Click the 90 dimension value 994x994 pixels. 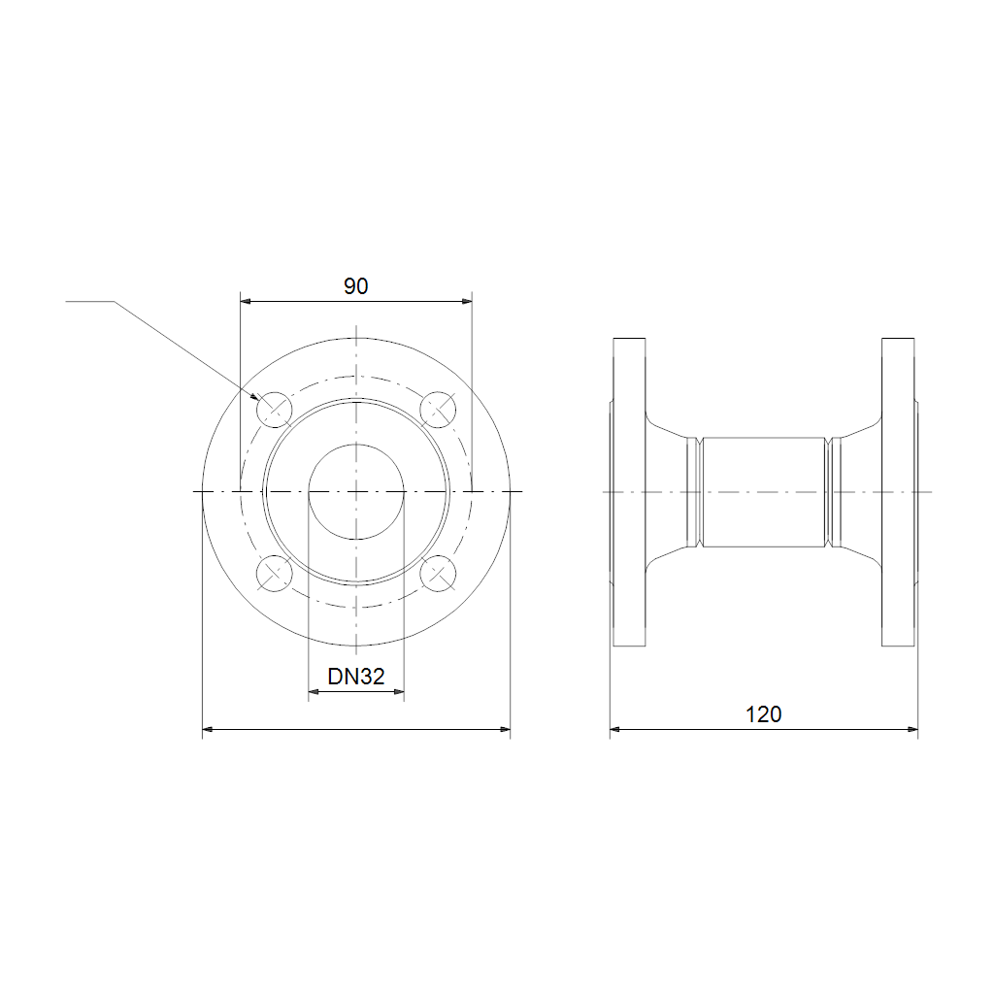point(355,286)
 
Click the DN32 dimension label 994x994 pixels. point(355,677)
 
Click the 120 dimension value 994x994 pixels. point(763,714)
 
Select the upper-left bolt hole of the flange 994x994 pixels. point(274,410)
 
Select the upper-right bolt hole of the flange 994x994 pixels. point(438,410)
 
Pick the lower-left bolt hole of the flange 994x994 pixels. point(274,573)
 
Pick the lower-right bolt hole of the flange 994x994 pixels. point(438,573)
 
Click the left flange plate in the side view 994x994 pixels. point(629,492)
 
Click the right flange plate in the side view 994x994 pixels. point(898,492)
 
